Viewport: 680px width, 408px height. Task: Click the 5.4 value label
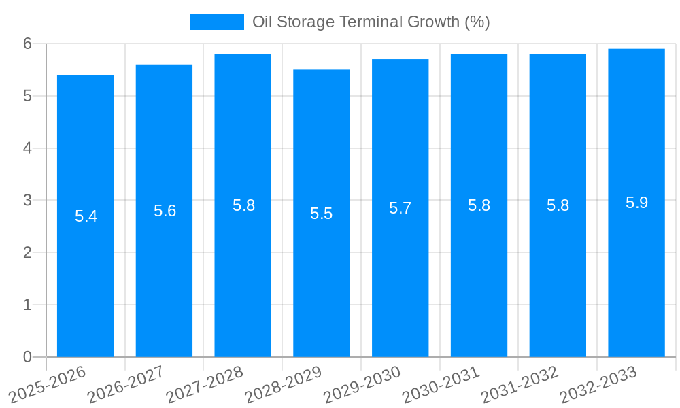(x=86, y=216)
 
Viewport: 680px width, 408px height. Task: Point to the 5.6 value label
(x=165, y=211)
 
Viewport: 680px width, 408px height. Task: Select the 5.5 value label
(x=321, y=214)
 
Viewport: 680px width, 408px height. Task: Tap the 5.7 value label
(x=400, y=208)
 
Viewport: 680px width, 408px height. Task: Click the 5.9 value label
(x=636, y=203)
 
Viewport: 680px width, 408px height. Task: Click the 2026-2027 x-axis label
(x=125, y=384)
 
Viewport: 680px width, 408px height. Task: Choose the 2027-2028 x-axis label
(x=204, y=384)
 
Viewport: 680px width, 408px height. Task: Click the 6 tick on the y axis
(x=28, y=44)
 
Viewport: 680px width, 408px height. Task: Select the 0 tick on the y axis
(x=28, y=357)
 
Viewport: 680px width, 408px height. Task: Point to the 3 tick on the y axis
(x=28, y=201)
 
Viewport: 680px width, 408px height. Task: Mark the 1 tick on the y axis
(x=28, y=305)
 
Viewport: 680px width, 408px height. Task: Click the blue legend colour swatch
(x=216, y=22)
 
